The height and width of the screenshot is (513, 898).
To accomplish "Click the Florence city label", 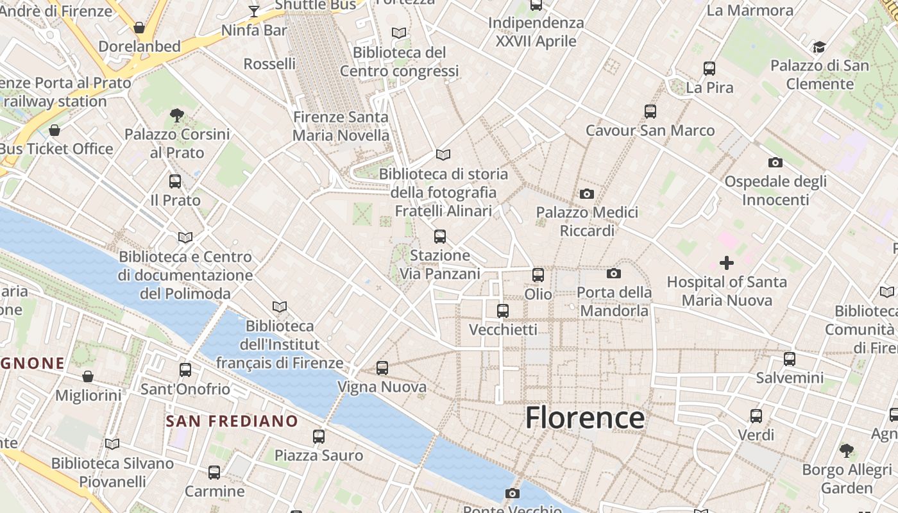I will (x=584, y=418).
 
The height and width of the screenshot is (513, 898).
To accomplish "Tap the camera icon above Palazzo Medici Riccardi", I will (x=586, y=194).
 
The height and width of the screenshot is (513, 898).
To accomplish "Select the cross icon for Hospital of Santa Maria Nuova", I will (x=726, y=262).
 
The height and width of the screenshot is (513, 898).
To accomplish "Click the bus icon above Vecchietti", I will (x=503, y=310).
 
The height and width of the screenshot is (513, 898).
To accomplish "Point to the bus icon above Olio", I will (x=538, y=275).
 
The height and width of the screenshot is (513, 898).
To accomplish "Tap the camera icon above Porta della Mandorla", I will (x=614, y=274).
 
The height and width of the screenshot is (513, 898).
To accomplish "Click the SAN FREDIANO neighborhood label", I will (x=232, y=421).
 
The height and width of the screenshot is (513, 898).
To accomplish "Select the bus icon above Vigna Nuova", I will (x=382, y=368).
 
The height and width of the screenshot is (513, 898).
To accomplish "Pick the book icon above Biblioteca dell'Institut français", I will (x=280, y=307).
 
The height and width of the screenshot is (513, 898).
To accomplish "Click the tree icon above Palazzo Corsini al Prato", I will (x=177, y=115).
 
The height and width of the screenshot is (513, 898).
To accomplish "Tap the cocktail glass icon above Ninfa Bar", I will (x=254, y=11).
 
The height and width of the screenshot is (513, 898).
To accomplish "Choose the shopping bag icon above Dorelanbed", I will (x=139, y=28).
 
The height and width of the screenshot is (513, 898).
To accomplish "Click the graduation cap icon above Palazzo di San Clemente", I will (x=819, y=47).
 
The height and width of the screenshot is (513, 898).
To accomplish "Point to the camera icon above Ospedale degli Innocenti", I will (x=775, y=163).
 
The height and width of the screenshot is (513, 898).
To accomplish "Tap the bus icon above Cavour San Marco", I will (x=650, y=112).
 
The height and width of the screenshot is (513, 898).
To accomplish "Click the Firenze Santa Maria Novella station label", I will (x=341, y=126).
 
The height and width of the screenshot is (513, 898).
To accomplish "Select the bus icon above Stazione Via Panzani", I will (x=440, y=237).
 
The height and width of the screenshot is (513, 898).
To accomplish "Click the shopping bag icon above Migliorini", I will (x=88, y=376).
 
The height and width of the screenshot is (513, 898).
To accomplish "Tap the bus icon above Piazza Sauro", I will (x=319, y=437).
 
